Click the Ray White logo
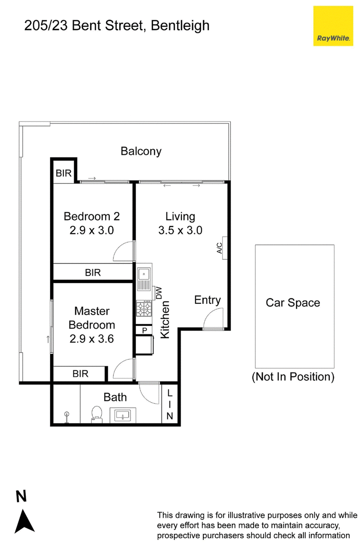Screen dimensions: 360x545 pyautogui.click(x=333, y=26)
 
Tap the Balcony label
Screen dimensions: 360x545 pyautogui.click(x=141, y=151)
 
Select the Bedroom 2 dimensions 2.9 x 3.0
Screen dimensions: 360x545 pyautogui.click(x=92, y=230)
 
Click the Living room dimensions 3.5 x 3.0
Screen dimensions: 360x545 pyautogui.click(x=180, y=230)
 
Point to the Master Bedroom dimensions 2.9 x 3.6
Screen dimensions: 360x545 pyautogui.click(x=92, y=339)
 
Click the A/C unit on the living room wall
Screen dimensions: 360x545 pyautogui.click(x=225, y=248)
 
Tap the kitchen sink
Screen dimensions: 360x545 pyautogui.click(x=144, y=279)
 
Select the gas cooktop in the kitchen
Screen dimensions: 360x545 pyautogui.click(x=144, y=309)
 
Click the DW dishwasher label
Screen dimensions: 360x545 pyautogui.click(x=158, y=293)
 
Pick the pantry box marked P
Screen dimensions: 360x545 pyautogui.click(x=144, y=330)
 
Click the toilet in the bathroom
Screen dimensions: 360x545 pyautogui.click(x=97, y=414)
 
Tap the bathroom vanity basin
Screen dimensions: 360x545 pyautogui.click(x=123, y=415)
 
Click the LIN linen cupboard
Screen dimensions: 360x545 pyautogui.click(x=170, y=404)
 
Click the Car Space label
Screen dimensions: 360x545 pyautogui.click(x=293, y=303)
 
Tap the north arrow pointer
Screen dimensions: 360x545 pyautogui.click(x=24, y=525)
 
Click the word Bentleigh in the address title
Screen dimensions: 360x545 pyautogui.click(x=180, y=26)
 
